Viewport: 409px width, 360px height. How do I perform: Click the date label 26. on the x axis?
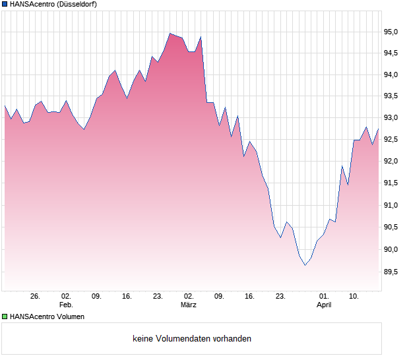click(36, 297)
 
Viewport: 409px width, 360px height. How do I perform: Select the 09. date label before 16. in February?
click(96, 297)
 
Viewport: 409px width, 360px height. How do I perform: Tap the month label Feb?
click(66, 305)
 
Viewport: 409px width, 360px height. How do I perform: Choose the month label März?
click(189, 305)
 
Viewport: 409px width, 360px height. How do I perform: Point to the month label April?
click(324, 305)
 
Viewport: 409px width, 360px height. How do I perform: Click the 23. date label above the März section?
click(158, 297)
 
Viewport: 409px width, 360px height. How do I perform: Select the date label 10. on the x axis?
click(354, 297)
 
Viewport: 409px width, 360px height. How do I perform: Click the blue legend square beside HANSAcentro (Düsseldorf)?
click(5, 5)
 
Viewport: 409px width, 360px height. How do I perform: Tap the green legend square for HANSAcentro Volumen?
click(5, 316)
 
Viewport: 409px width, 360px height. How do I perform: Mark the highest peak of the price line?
click(170, 33)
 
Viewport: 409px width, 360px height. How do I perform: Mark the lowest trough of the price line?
click(305, 265)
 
